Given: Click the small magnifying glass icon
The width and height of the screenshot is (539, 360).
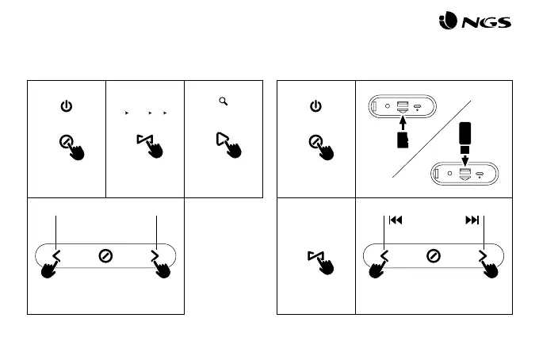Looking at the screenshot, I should [224, 101].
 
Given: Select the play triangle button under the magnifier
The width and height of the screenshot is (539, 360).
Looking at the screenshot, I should [221, 140].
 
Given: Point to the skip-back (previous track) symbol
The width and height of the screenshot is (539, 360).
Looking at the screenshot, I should [396, 220].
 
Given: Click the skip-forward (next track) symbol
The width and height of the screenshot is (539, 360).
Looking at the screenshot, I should [472, 220].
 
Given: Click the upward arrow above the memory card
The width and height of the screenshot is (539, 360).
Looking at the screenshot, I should [402, 122].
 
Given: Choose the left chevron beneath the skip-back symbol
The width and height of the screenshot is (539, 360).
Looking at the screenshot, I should [385, 255].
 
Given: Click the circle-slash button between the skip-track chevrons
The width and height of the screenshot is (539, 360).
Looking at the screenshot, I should [434, 255].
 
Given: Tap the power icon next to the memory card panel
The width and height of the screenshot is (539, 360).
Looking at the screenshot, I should [315, 105].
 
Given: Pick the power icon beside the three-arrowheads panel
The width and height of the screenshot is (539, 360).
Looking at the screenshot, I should [67, 105].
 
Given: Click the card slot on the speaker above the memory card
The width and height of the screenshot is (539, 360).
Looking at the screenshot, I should [402, 106].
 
